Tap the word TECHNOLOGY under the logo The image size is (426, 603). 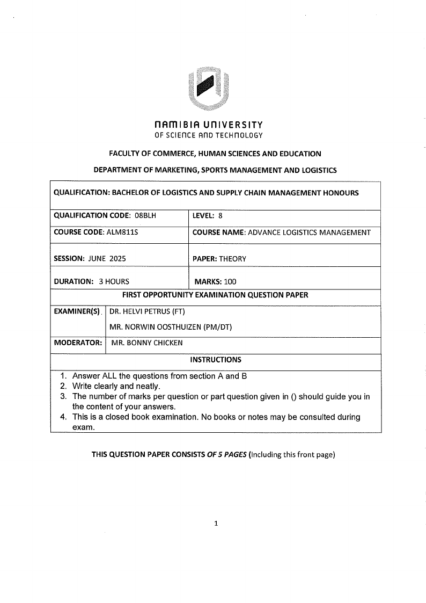pos(240,135)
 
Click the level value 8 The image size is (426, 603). pos(220,216)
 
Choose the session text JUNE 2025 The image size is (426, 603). pos(107,258)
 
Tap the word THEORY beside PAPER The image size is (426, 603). pos(232,258)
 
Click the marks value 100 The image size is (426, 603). pos(230,281)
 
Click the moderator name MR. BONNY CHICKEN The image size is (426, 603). pos(146,343)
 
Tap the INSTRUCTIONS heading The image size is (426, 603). pos(216,360)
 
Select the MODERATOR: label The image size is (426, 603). pos(78,343)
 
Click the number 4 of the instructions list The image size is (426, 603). pos(63,417)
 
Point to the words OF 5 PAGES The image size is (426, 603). pos(227,455)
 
